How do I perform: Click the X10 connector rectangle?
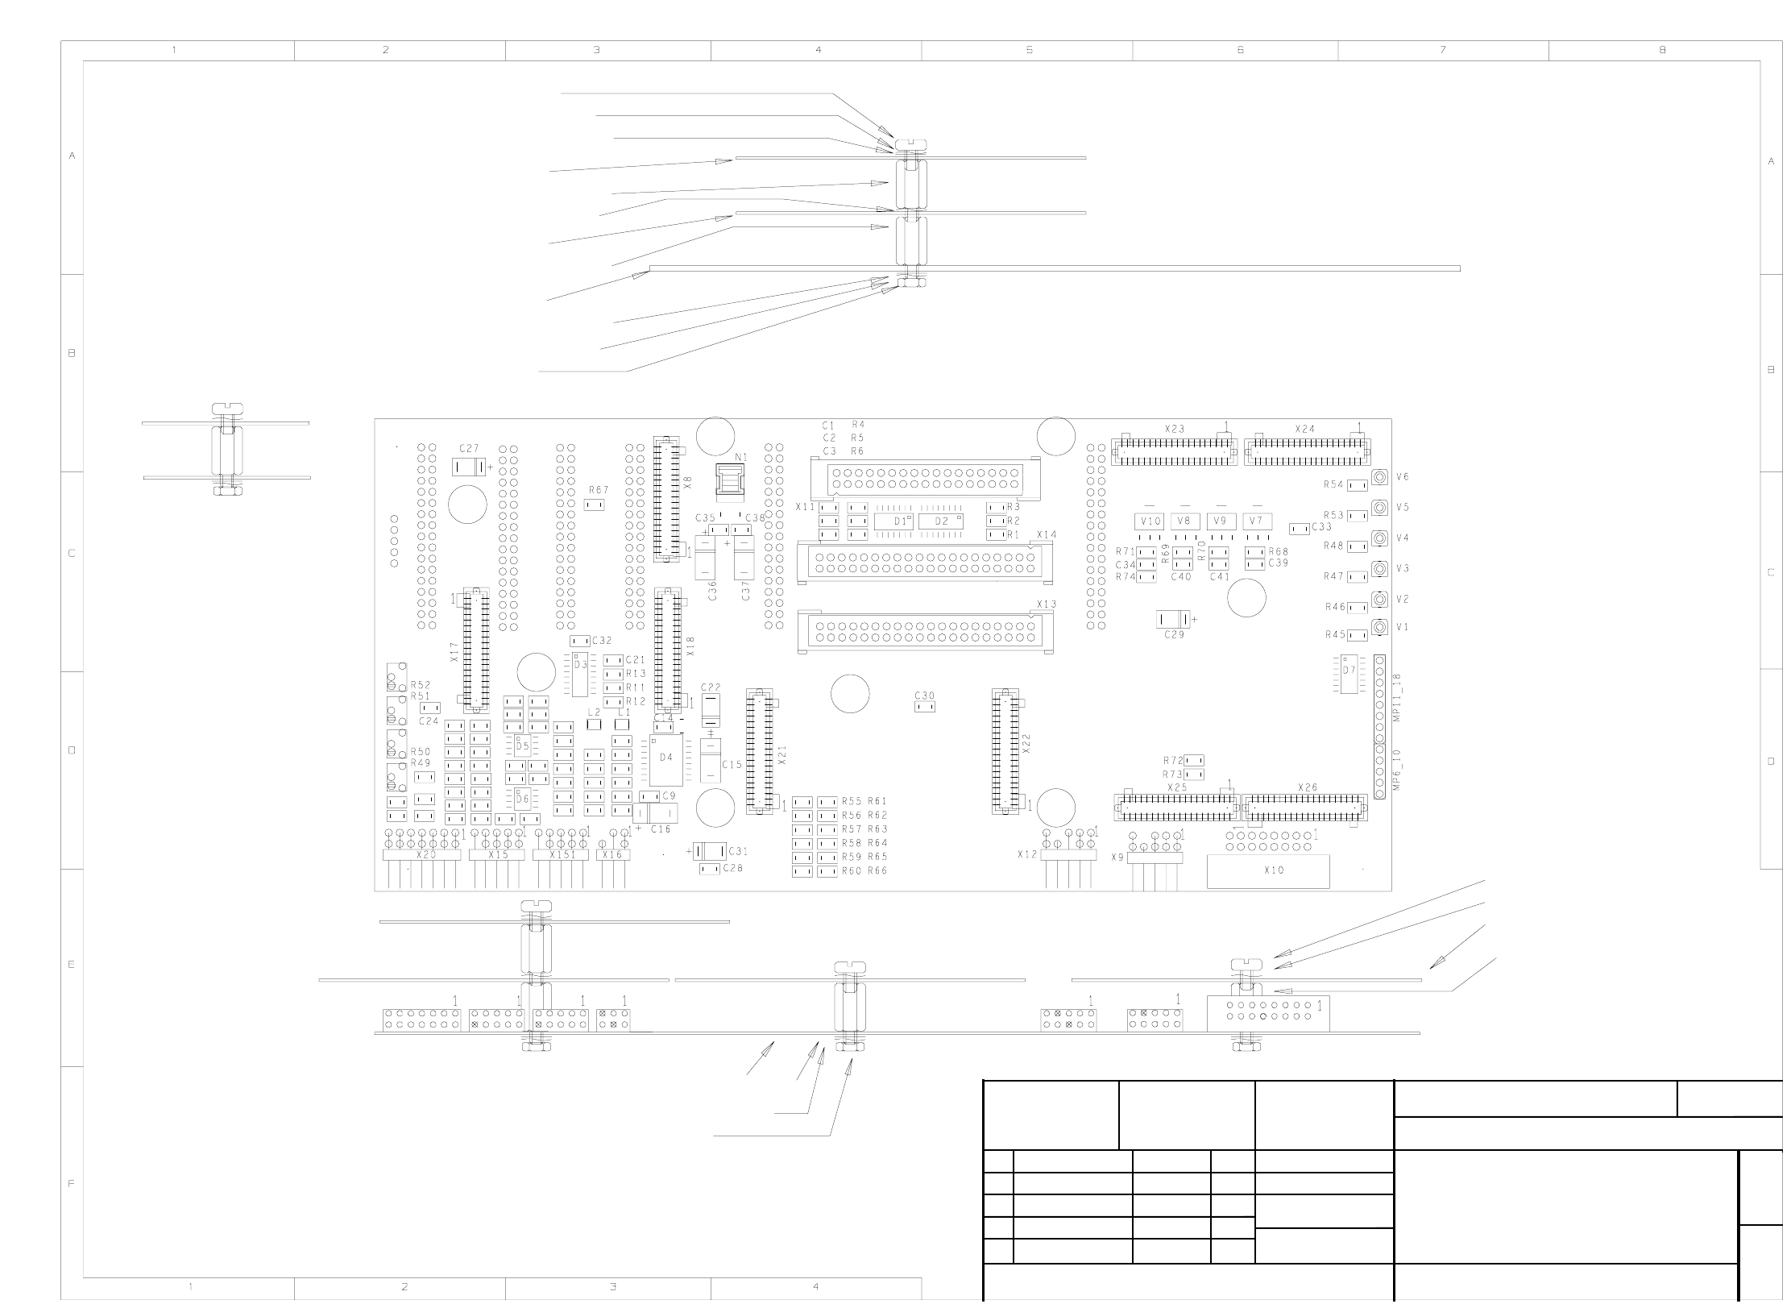coord(1267,871)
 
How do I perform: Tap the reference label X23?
coord(1175,429)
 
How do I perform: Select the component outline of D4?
coord(666,758)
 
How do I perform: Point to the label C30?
coord(924,696)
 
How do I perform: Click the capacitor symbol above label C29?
coord(1174,619)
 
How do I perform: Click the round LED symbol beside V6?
coord(1379,477)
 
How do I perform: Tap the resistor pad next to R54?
coord(1358,485)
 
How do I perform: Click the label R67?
coord(599,490)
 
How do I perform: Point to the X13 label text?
coord(1047,604)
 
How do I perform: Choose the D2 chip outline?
coord(941,521)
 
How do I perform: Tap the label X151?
coord(562,855)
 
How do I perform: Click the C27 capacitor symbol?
coord(469,467)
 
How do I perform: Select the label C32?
coord(602,641)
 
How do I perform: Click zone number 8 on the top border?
coord(1661,50)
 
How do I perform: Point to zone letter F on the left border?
coord(72,1184)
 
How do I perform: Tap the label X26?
coord(1308,787)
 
